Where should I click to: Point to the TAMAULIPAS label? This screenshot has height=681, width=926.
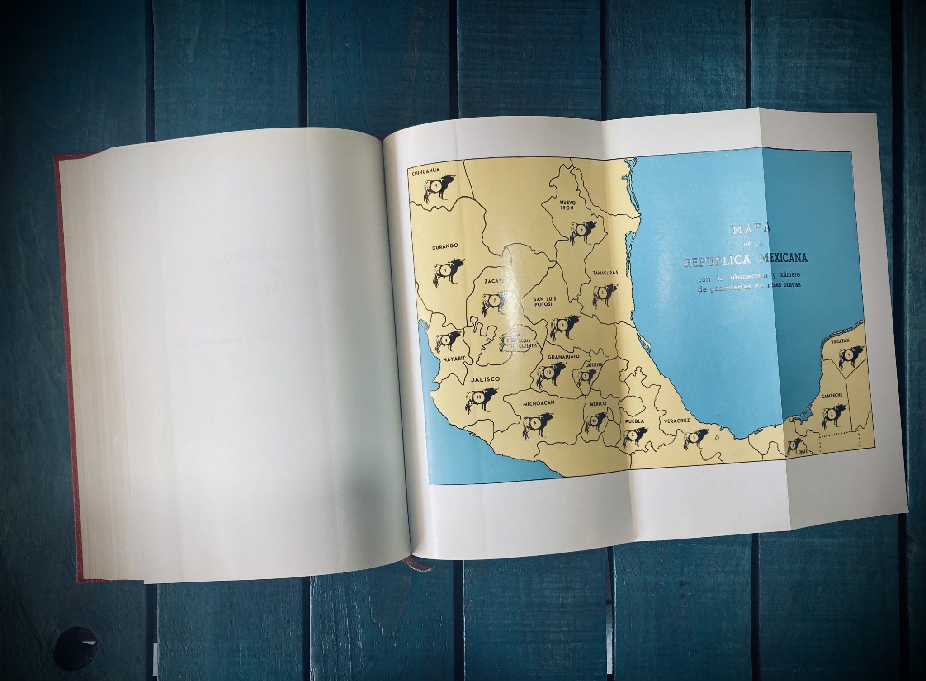(x=605, y=273)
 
